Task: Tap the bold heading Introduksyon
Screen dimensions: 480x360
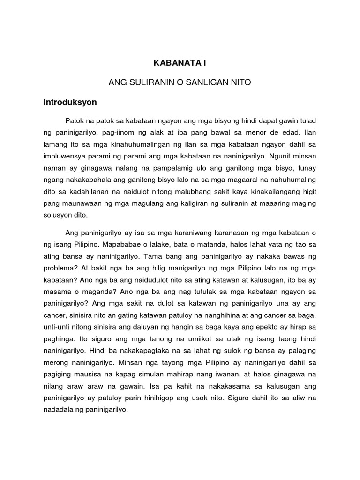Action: click(x=70, y=101)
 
